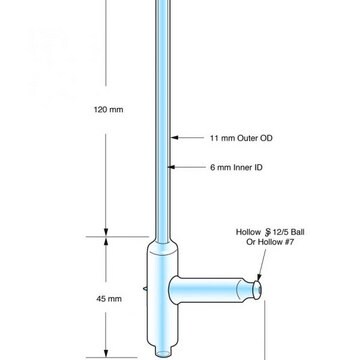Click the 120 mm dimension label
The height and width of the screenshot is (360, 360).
tap(108, 109)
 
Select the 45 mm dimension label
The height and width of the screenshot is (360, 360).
tap(109, 299)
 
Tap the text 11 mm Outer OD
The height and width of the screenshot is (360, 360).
tap(241, 138)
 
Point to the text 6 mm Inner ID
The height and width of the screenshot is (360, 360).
tap(236, 167)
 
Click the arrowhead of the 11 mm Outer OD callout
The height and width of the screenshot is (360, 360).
tap(174, 137)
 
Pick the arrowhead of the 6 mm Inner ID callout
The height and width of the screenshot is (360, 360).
tap(171, 167)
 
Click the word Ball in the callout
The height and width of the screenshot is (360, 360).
tap(297, 232)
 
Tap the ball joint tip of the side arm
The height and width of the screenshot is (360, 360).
tap(257, 290)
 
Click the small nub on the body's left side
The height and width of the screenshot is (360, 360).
tap(145, 289)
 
